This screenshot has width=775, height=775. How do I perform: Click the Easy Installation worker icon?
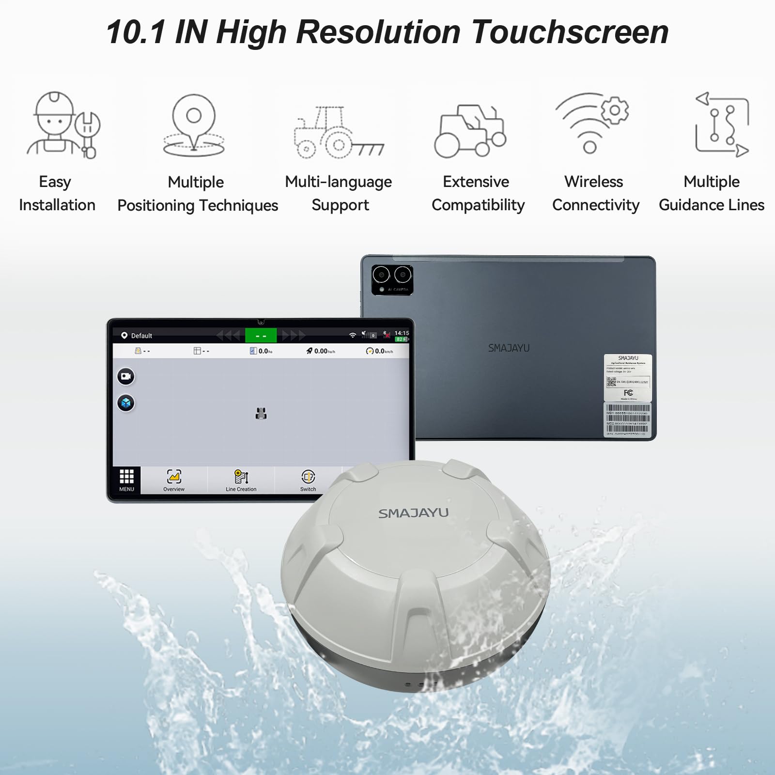pos(63,125)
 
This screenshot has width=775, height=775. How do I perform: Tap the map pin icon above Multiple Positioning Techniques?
pos(194,125)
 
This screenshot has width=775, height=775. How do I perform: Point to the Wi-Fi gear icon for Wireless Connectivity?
pos(592,123)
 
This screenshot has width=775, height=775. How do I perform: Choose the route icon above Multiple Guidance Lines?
pos(722,124)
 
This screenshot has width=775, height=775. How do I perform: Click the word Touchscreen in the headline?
pos(570,32)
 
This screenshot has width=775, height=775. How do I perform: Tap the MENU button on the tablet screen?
pos(126,480)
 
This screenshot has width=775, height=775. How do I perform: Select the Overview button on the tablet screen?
pos(174,480)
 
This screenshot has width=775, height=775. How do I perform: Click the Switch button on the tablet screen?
pos(308,480)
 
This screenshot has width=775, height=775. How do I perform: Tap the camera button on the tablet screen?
pos(126,376)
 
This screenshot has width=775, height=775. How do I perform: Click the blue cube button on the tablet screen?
pos(126,403)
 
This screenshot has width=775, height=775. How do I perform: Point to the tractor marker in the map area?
pos(261,413)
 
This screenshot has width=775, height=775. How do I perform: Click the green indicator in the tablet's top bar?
pos(261,335)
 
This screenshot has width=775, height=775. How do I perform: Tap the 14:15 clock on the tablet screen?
pos(402,333)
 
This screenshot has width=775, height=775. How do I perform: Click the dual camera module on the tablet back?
pos(392,279)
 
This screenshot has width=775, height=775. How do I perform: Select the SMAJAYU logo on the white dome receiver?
pos(413,513)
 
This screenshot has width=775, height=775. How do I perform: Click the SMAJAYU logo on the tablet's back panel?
pos(509,348)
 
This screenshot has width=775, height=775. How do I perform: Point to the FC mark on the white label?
pos(628,393)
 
